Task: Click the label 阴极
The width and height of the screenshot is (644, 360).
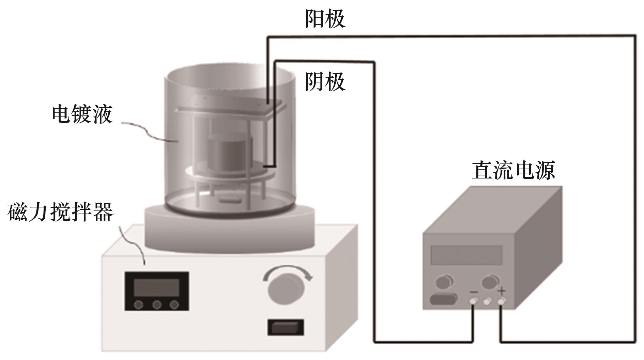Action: (x=325, y=81)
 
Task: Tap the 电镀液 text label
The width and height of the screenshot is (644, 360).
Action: (x=82, y=114)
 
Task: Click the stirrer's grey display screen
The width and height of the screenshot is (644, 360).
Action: (x=156, y=288)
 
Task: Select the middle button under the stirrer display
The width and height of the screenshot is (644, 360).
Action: (x=157, y=305)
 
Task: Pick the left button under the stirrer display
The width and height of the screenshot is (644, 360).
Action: (x=138, y=305)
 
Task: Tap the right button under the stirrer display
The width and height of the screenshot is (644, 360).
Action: (x=174, y=305)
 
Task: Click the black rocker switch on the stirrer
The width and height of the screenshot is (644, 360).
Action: (x=286, y=328)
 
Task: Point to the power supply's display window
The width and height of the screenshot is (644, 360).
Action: (x=466, y=255)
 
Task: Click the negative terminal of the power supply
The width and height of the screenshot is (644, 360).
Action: (x=473, y=301)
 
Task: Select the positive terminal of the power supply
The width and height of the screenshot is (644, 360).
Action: (x=501, y=301)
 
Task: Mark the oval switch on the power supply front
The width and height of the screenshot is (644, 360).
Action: (x=443, y=300)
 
